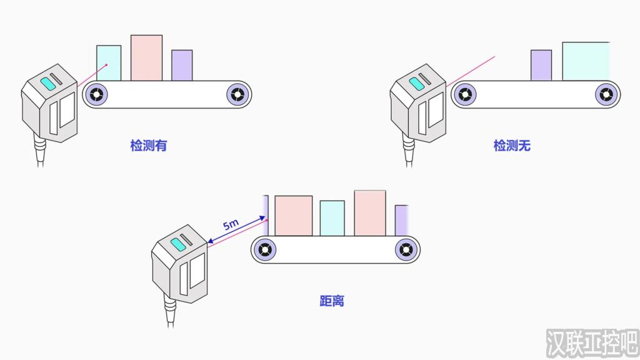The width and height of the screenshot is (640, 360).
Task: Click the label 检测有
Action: [149, 145]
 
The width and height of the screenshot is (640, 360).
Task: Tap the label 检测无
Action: [512, 145]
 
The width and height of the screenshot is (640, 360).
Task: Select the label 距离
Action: [332, 301]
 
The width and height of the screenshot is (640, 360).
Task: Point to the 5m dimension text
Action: [231, 224]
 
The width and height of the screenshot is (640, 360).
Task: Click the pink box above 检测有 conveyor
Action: [146, 58]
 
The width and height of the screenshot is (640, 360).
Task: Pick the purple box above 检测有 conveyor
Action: [182, 65]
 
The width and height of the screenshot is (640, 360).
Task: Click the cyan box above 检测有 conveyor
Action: [109, 63]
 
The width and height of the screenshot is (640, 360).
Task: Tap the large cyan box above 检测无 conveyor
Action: [586, 61]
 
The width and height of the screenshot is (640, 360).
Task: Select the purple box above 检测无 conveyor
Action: [541, 65]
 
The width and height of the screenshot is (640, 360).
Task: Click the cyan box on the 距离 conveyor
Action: [332, 218]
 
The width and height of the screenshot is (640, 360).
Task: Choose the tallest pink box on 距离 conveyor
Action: [370, 213]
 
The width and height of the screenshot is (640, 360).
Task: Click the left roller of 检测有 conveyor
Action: [96, 95]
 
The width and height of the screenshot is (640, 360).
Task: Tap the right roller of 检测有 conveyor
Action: [237, 95]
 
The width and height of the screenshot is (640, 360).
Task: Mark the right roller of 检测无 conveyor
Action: [606, 95]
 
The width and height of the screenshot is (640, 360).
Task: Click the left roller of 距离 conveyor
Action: [264, 249]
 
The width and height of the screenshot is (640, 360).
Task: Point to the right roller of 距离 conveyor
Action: [406, 249]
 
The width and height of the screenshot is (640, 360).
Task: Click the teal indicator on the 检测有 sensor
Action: [48, 84]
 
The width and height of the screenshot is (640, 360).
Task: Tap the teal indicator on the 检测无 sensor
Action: [417, 84]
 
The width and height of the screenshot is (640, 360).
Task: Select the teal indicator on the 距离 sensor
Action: [178, 244]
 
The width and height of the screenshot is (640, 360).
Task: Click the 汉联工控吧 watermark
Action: [592, 343]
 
